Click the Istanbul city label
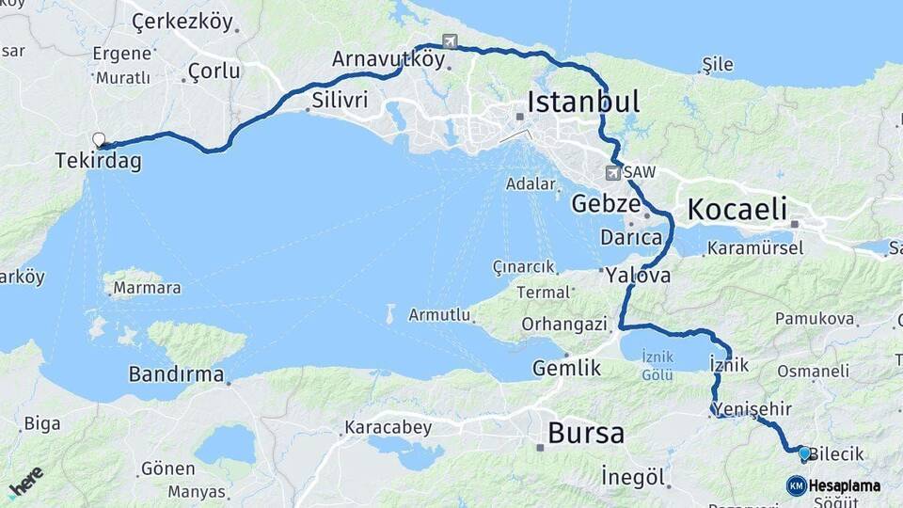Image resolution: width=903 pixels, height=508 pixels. point(583,102)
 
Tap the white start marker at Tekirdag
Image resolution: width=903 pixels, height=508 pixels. point(99,140)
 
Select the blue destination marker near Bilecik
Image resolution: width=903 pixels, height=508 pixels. point(804,453)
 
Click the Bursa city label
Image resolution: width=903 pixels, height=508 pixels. point(585,434)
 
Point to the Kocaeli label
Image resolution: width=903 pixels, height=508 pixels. point(737,209)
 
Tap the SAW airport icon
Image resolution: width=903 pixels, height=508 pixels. point(613,173)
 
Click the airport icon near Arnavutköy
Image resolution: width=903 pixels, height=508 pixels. point(451,41)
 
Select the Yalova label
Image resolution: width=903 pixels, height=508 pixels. point(639,276)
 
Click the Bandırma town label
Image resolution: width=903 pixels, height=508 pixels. point(177,373)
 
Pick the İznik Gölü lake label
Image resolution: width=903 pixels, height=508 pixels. point(657,366)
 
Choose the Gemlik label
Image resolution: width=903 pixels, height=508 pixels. point(566,368)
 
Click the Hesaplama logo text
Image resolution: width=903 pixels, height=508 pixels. point(845,486)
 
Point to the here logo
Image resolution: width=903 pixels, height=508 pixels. point(26,481)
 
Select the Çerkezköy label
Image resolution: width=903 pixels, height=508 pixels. point(182,21)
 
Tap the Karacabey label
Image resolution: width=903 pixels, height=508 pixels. point(388,428)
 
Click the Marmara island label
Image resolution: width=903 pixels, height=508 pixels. point(147,288)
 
